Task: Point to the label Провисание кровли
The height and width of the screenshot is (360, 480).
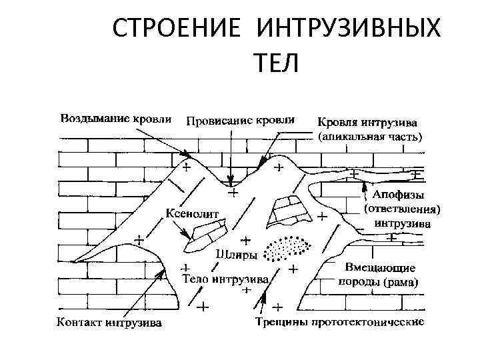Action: [x=240, y=121]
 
